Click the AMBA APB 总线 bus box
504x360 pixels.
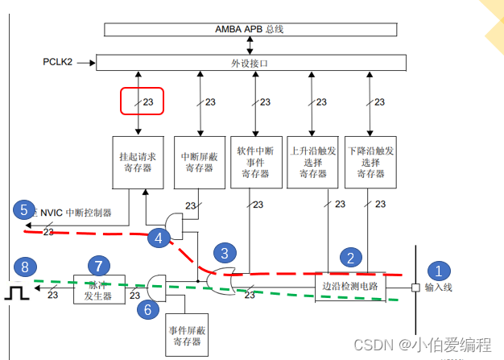click(x=250, y=29)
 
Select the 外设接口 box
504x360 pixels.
click(x=250, y=61)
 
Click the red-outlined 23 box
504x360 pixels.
click(x=142, y=101)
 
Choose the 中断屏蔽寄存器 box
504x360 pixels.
click(x=198, y=163)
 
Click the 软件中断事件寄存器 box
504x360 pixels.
click(x=255, y=163)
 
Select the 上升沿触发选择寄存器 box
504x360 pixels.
click(x=312, y=163)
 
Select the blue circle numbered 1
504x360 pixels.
click(x=439, y=271)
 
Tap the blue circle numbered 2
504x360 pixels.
click(x=351, y=258)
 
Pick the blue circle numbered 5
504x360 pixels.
click(x=24, y=210)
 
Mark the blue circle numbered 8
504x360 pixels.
click(x=24, y=267)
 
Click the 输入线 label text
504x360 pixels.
click(x=440, y=288)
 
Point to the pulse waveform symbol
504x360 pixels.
click(x=15, y=292)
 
